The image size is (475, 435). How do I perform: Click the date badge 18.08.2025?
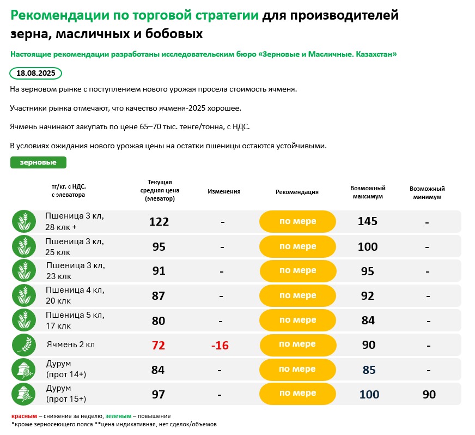(36, 73)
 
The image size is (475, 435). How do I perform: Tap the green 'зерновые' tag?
(38, 162)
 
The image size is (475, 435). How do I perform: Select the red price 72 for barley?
(159, 345)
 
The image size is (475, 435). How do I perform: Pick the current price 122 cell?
(159, 222)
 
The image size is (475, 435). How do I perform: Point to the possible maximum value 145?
(368, 222)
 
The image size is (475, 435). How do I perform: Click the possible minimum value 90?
(429, 394)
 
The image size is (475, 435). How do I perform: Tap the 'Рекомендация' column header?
(297, 192)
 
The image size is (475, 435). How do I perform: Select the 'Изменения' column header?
(224, 192)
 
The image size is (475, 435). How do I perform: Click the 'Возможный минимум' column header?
(428, 192)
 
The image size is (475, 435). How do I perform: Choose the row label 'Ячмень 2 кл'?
(71, 345)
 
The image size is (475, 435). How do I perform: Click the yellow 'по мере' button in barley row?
(297, 345)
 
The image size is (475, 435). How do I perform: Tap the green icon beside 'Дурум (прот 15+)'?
(23, 394)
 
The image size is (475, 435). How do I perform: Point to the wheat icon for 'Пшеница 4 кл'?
(23, 295)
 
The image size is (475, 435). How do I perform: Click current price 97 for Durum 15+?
(159, 394)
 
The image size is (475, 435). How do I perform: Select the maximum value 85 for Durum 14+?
(369, 370)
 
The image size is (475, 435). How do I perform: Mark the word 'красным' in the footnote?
(24, 416)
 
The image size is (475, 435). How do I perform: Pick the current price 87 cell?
(159, 296)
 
